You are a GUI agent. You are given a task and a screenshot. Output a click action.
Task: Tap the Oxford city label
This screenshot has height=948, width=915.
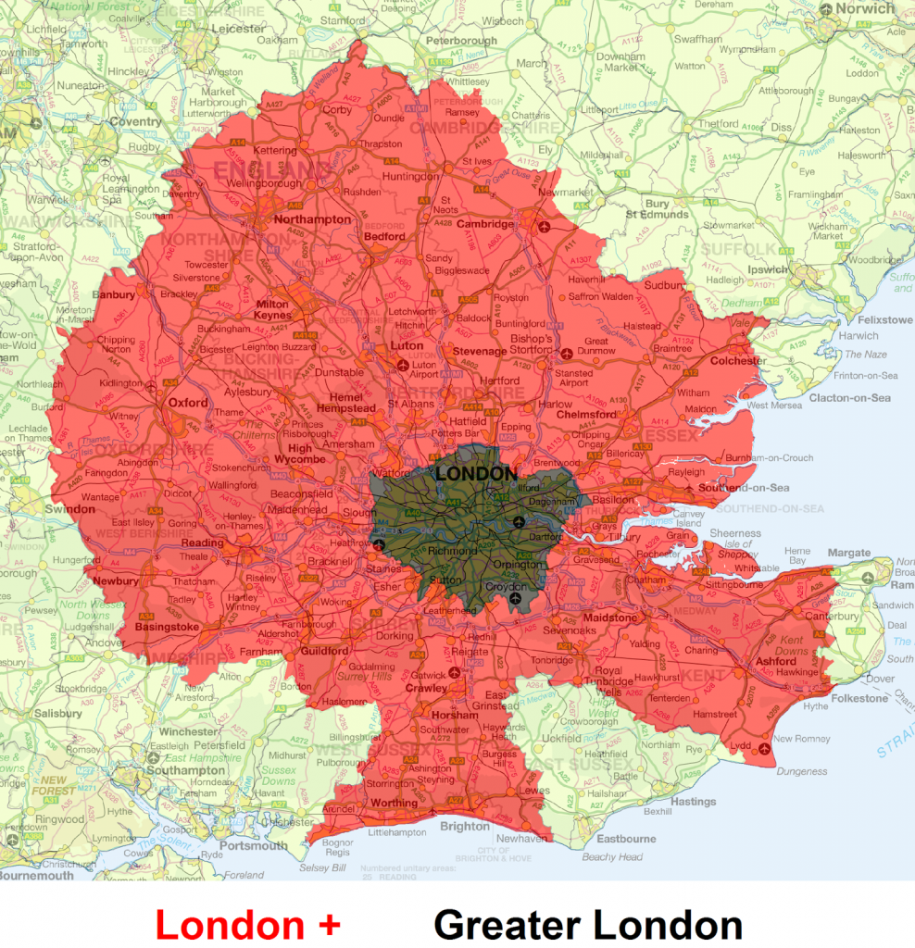point(188,403)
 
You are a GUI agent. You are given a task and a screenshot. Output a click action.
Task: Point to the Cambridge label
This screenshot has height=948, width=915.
point(483,224)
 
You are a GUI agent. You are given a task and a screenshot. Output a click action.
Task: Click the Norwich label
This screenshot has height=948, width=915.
point(865,8)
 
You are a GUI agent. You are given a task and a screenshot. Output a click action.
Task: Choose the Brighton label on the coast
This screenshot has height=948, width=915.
point(465,826)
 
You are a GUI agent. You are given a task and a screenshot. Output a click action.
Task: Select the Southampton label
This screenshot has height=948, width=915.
point(186,770)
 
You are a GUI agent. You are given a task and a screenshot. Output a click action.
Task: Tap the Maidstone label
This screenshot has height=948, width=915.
point(609,617)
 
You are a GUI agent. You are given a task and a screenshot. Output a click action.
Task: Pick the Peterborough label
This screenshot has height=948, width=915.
point(463,41)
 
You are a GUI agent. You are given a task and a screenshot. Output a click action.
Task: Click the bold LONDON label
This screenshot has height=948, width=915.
point(476,474)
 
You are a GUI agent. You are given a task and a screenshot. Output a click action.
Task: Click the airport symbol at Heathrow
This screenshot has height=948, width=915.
point(378,544)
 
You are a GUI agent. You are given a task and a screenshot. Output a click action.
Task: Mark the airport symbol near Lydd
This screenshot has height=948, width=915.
point(764,748)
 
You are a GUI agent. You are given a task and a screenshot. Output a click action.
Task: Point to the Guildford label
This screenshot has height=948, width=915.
point(323,651)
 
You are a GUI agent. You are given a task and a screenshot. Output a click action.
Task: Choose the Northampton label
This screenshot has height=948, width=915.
point(312,219)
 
